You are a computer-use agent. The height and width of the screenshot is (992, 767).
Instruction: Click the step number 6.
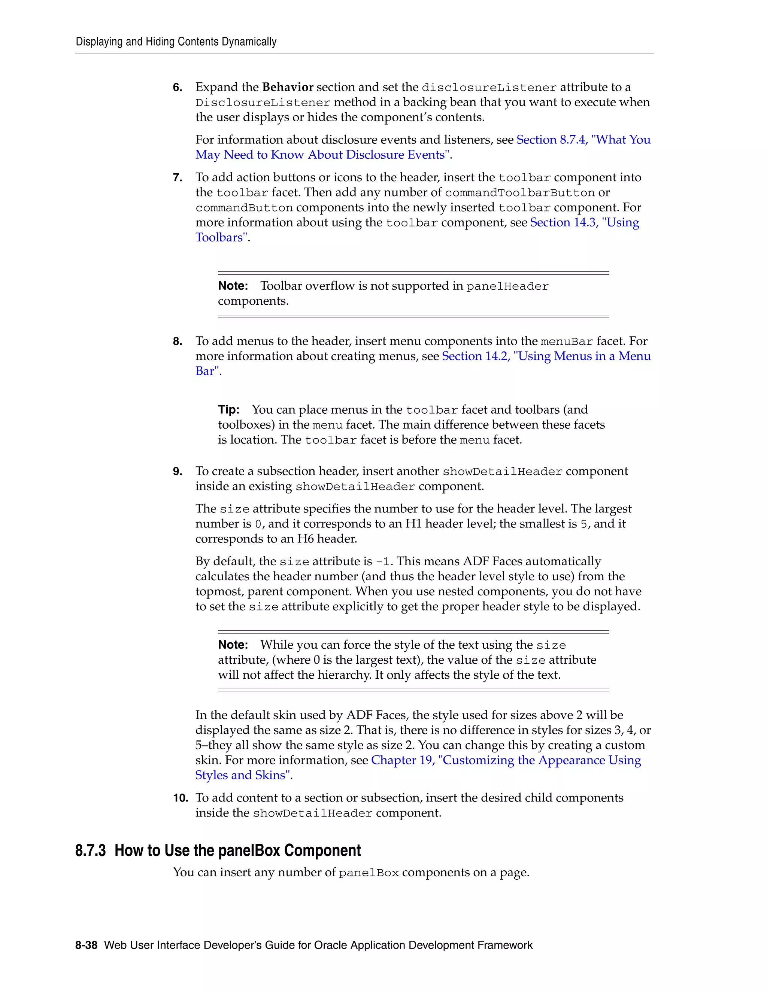click(177, 87)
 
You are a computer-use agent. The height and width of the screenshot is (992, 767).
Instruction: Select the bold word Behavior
click(288, 87)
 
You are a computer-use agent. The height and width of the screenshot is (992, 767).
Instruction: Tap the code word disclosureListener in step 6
click(489, 87)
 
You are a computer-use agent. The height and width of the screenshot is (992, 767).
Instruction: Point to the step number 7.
click(177, 177)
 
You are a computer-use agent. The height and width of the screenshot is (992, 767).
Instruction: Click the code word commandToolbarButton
click(519, 192)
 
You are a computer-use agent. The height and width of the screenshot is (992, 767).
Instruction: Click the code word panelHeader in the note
click(507, 286)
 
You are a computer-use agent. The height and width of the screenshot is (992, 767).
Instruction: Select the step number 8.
click(177, 341)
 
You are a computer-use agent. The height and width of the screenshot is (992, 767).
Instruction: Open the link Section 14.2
click(476, 356)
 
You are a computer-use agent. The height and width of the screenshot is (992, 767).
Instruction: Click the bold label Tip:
click(228, 410)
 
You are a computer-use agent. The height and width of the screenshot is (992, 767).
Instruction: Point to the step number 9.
click(177, 471)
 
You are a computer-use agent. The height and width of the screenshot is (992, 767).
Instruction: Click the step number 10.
click(181, 798)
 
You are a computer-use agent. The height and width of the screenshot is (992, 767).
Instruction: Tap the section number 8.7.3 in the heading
click(90, 850)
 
